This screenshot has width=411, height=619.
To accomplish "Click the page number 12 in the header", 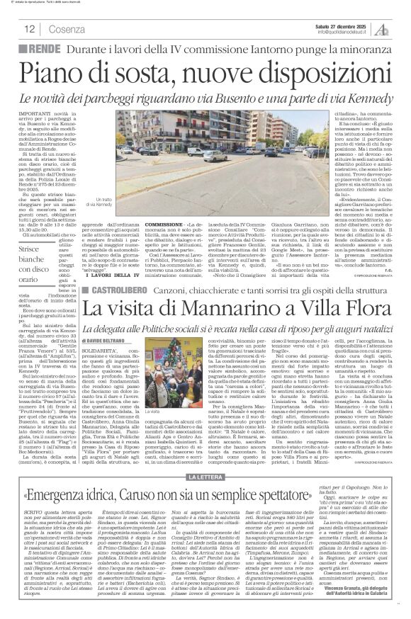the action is click(30, 30).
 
